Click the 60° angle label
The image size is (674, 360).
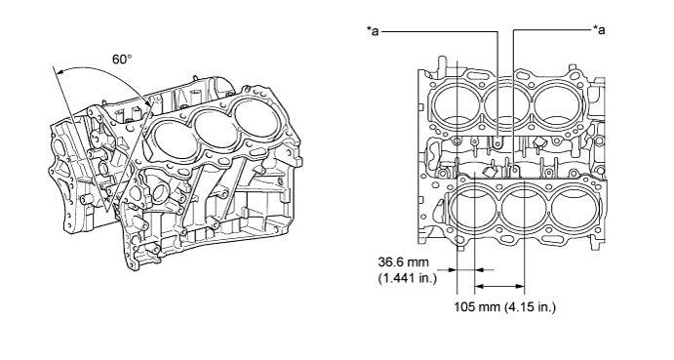(122, 59)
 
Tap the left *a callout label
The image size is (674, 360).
(373, 31)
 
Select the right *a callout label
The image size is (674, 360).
(599, 29)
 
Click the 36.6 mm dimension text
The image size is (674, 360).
(403, 261)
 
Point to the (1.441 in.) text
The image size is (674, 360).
(408, 278)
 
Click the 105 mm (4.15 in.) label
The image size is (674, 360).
(505, 306)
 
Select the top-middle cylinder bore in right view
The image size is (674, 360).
(506, 103)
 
